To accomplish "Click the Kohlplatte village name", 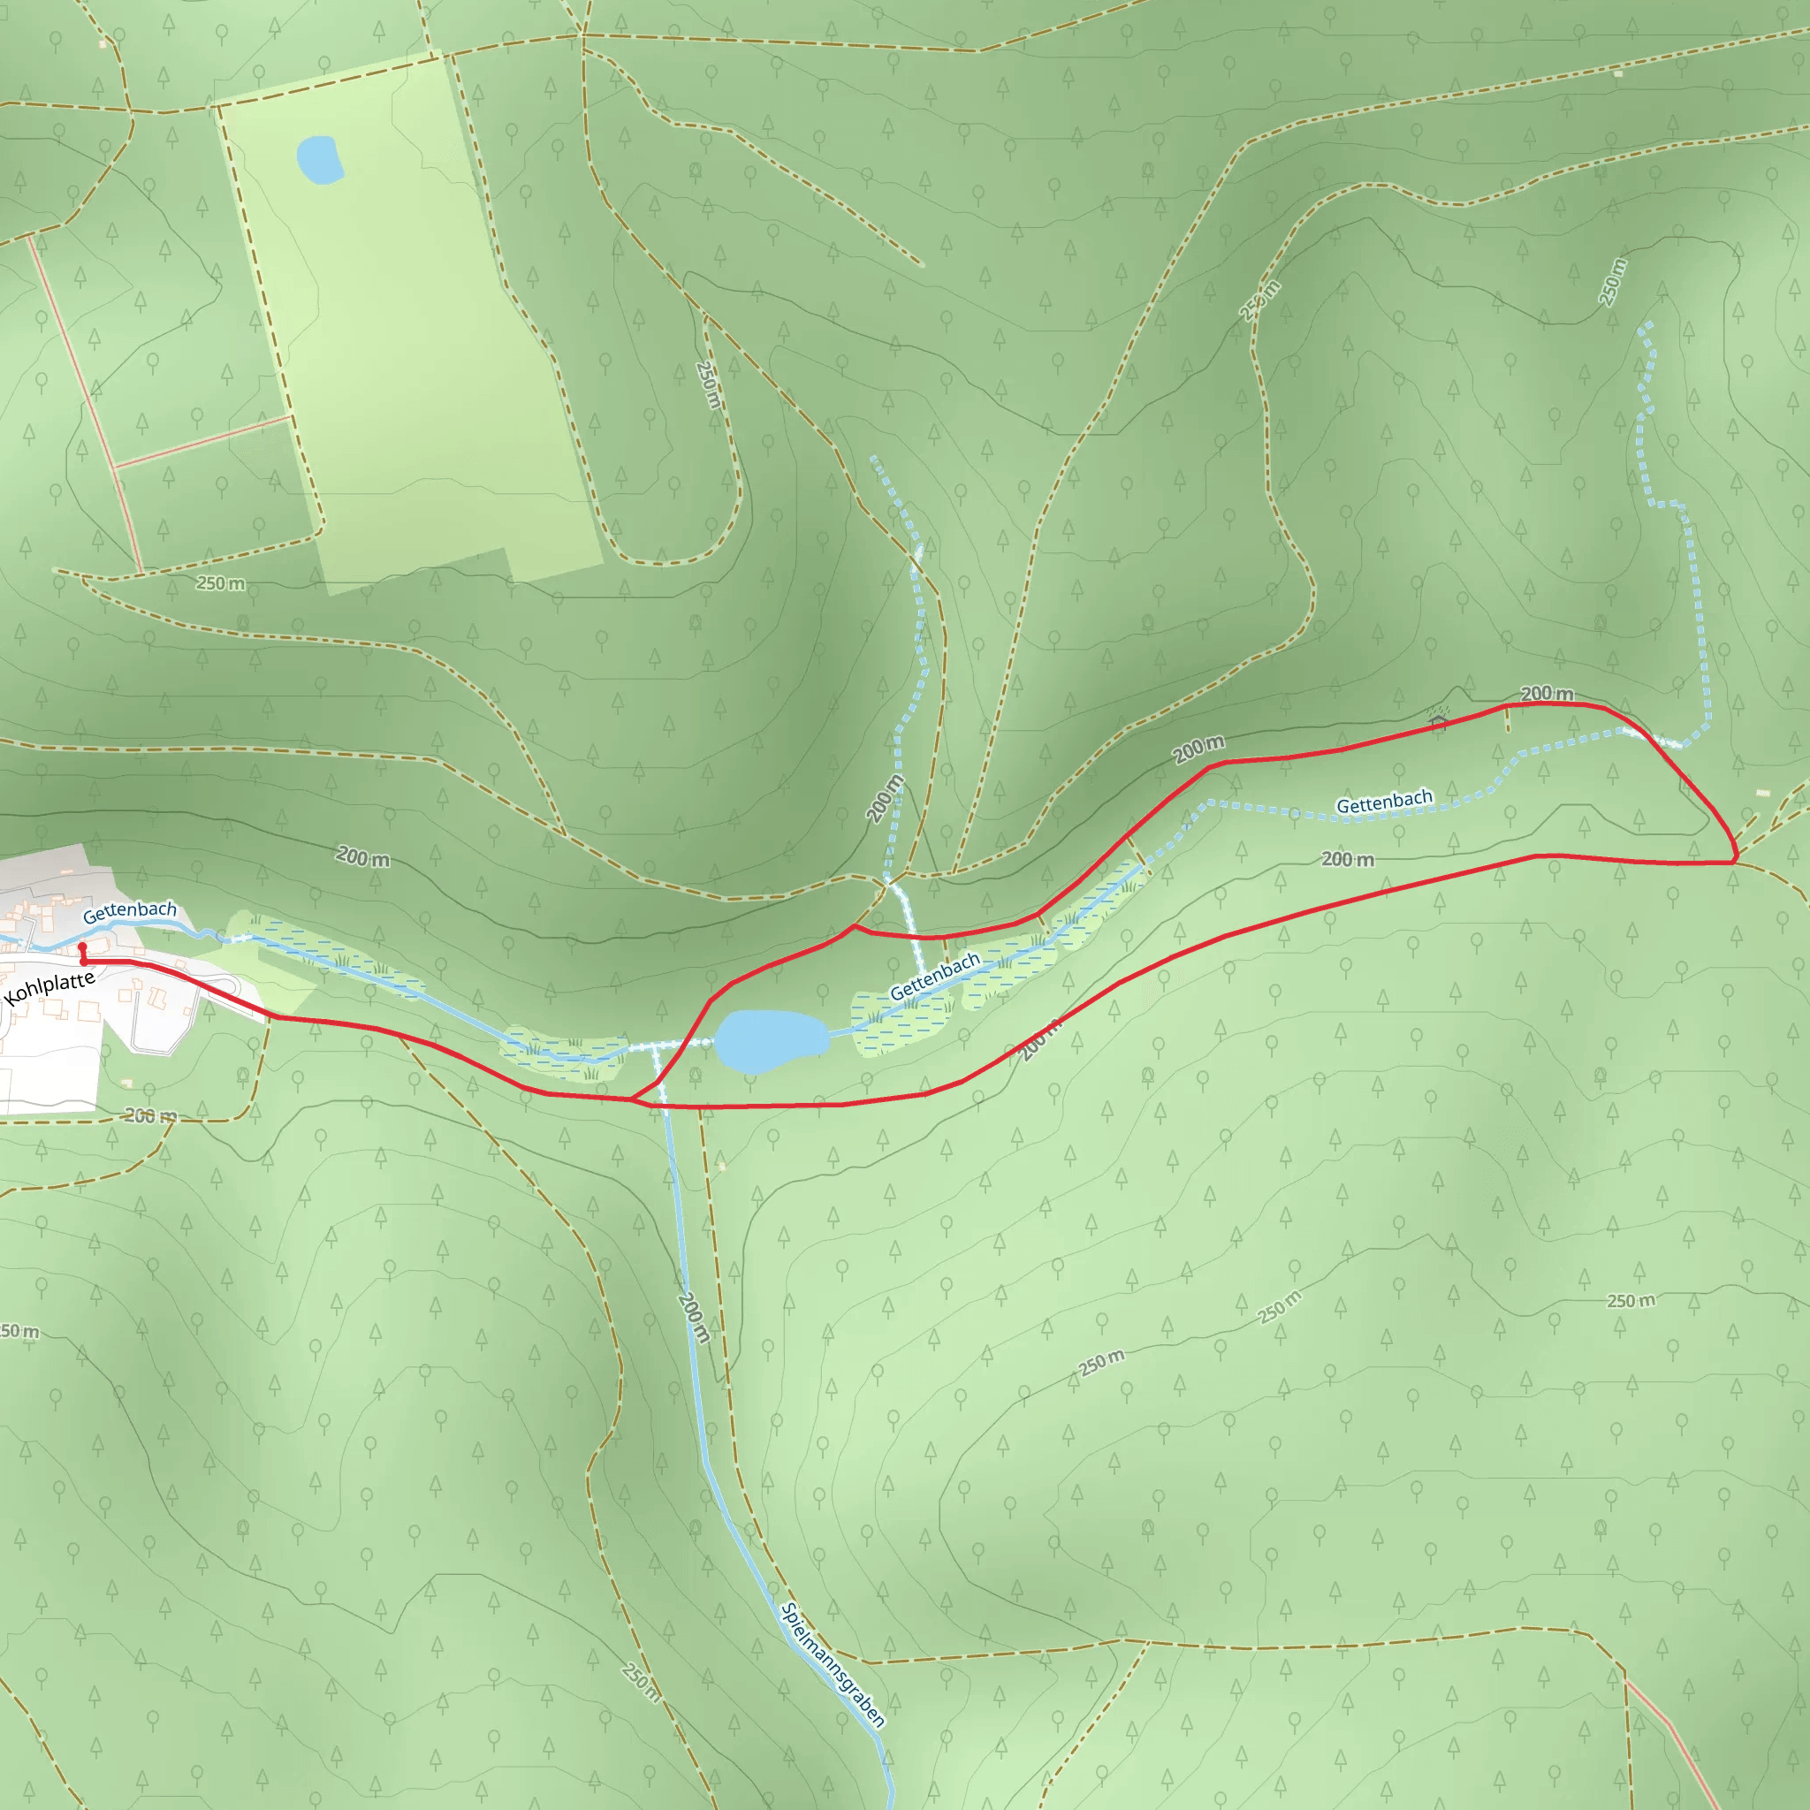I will coord(49,987).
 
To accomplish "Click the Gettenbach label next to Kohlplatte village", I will coord(129,910).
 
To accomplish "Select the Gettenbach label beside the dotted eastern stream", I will coord(1384,802).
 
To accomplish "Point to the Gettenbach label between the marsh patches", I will coord(934,977).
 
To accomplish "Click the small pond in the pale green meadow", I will coord(319,160).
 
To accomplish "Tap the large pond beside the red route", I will coord(771,1041).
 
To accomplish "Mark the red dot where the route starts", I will coord(82,948).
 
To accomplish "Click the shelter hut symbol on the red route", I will coord(1439,719).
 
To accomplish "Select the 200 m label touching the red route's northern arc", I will coord(1546,694).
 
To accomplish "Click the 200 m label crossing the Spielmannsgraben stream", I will coord(693,1317).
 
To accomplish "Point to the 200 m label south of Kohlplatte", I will coord(151,1116).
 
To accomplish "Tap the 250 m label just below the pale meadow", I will coord(221,583).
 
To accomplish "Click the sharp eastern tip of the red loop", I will coord(1735,858).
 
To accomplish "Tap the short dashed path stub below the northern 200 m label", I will coord(1508,719).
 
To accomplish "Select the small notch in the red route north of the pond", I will coord(854,926).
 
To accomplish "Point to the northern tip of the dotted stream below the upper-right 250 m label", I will coord(1641,325).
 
